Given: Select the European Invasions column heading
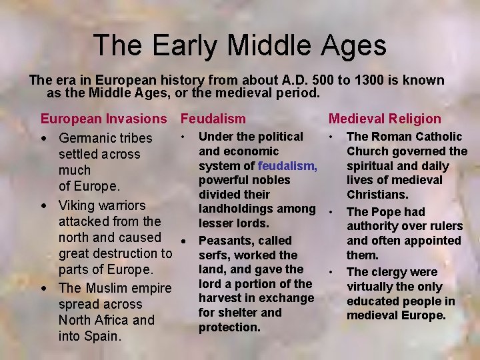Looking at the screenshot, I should click(104, 119).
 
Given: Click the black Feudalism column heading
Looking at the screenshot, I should click(213, 119).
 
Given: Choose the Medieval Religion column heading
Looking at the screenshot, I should click(385, 119).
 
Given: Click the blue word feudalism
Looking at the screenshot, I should click(287, 165).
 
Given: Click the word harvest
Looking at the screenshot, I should click(221, 298).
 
